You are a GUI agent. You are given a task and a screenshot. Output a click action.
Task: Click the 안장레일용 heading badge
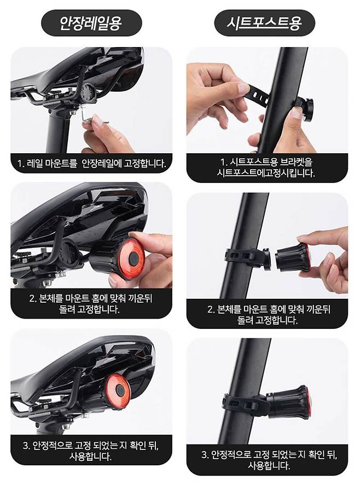pyautogui.click(x=91, y=23)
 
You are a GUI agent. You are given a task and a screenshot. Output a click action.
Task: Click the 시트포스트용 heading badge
pyautogui.click(x=264, y=23)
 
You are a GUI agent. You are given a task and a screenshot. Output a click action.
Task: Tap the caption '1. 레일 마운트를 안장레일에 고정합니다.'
pyautogui.click(x=91, y=164)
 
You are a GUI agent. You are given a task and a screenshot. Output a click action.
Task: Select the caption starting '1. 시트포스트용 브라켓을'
pyautogui.click(x=266, y=167)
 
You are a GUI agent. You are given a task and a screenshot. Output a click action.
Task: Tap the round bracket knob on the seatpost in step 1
pyautogui.click(x=304, y=109)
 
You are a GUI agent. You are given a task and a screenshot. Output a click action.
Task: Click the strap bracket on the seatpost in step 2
pyautogui.click(x=247, y=257)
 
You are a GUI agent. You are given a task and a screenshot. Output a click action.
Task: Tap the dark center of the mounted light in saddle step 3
pyautogui.click(x=119, y=389)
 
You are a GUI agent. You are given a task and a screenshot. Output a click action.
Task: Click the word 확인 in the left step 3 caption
pyautogui.click(x=138, y=446)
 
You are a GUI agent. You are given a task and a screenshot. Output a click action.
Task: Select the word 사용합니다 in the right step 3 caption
pyautogui.click(x=269, y=466)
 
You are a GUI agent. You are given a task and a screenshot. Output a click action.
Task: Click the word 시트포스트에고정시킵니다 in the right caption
pyautogui.click(x=266, y=173)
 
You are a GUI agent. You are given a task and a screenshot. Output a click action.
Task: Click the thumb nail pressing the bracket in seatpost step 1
pyautogui.click(x=297, y=113)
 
